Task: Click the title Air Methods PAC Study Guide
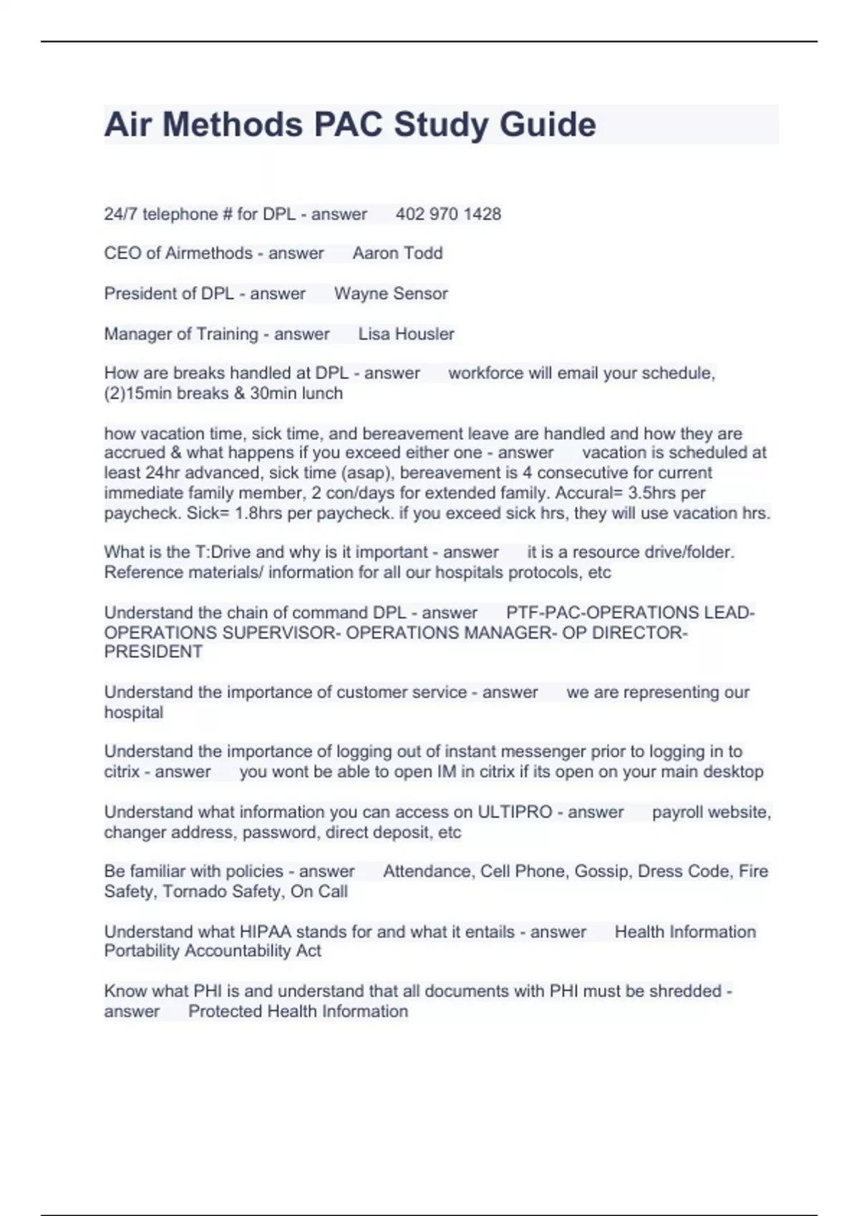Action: pyautogui.click(x=350, y=124)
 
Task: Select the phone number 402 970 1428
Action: pyautogui.click(x=448, y=214)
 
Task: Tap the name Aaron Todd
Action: pyautogui.click(x=397, y=253)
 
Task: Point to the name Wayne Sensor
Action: pyautogui.click(x=391, y=293)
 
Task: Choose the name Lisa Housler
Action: pyautogui.click(x=406, y=334)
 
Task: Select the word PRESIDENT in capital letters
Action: pyautogui.click(x=153, y=652)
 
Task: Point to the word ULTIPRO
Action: pyautogui.click(x=515, y=813)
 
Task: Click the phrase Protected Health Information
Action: pyautogui.click(x=298, y=1011)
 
